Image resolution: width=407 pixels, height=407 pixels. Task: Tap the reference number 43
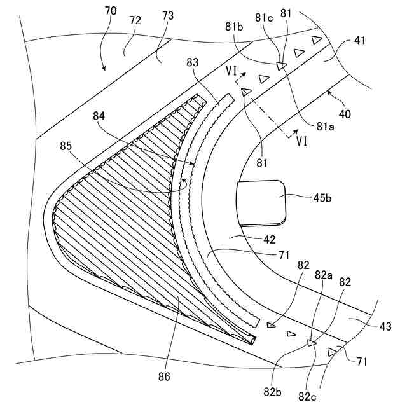pyautogui.click(x=387, y=326)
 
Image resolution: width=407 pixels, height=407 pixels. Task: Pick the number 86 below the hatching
pyautogui.click(x=164, y=376)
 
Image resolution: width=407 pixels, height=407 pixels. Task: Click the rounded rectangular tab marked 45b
pyautogui.click(x=261, y=202)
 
